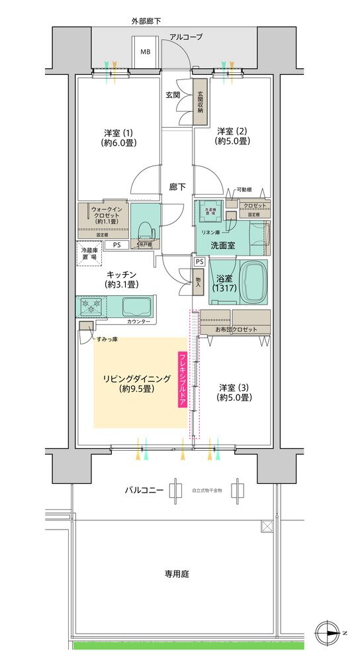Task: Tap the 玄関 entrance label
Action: pos(173,95)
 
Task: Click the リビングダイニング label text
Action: pos(136,383)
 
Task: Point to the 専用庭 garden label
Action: pos(177,574)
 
